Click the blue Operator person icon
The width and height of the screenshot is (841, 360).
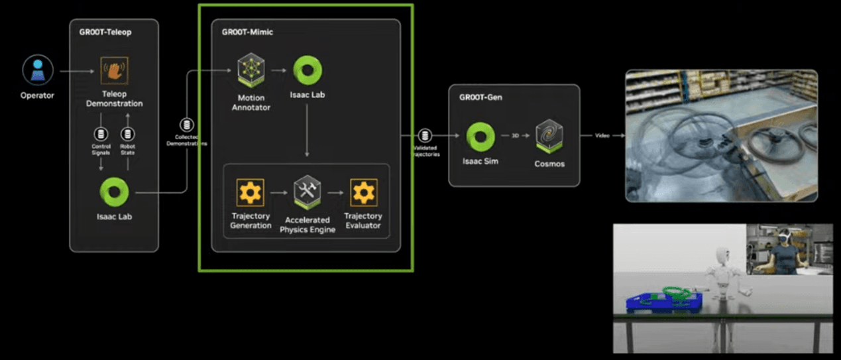coord(37,70)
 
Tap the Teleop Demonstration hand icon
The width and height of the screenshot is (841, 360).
coord(114,70)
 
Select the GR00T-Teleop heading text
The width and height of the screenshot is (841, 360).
coord(100,31)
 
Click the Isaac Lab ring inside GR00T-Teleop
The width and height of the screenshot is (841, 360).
coord(114,192)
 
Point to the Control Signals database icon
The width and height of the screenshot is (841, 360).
coord(101,134)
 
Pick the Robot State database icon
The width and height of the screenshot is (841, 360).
coord(128,134)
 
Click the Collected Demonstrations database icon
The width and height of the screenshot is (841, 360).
coord(188,125)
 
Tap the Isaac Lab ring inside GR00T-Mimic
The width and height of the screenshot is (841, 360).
coord(307,70)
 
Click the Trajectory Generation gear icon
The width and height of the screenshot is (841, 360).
coord(251,192)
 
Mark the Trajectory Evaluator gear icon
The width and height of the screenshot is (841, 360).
coord(363,192)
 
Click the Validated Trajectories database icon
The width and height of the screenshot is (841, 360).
coord(425,136)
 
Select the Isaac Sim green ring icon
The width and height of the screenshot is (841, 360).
coord(480,136)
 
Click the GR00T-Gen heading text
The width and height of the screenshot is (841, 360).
coord(480,97)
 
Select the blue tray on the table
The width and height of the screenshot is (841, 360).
coord(659,302)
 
